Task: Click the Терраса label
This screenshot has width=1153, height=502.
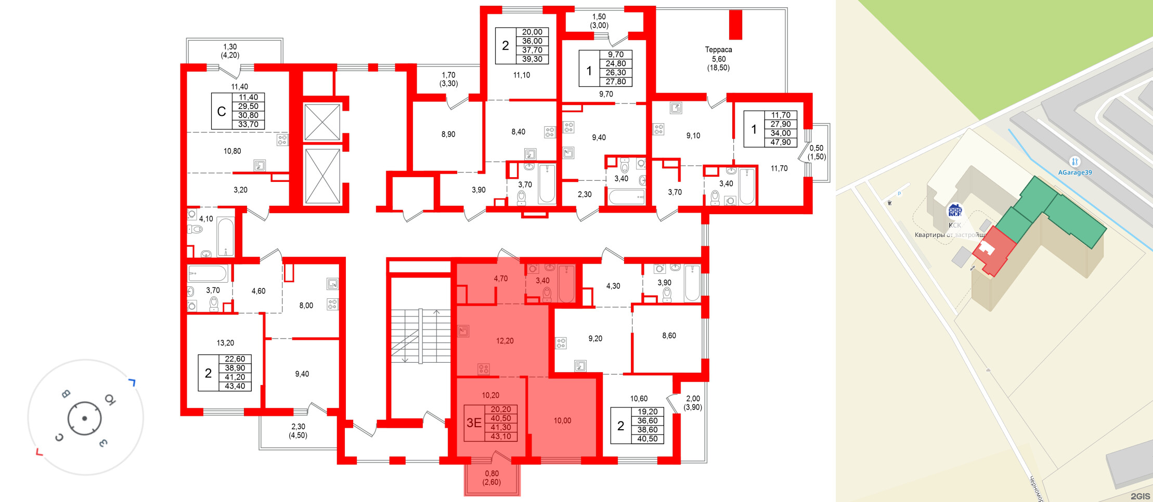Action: (718, 50)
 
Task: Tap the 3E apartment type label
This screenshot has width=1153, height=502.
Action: (474, 423)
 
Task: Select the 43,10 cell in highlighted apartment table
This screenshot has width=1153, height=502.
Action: (501, 437)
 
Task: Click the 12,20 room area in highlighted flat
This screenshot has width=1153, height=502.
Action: (504, 341)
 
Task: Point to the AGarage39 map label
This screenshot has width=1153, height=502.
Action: (1074, 173)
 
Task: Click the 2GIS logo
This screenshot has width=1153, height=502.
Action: (1140, 496)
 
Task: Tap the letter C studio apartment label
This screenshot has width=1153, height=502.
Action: (222, 111)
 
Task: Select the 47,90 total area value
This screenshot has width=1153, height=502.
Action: (781, 142)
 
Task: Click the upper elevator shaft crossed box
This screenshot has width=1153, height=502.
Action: (322, 122)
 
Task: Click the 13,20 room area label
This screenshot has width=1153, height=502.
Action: (225, 343)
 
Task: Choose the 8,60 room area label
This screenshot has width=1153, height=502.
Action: (669, 336)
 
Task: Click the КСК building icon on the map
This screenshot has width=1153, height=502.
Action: (955, 210)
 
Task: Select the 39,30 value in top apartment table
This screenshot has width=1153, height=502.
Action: (532, 59)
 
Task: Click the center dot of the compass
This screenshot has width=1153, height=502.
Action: (85, 418)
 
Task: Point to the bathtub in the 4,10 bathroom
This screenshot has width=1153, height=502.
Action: (225, 237)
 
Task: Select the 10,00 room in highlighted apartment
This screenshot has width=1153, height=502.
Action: (562, 420)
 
